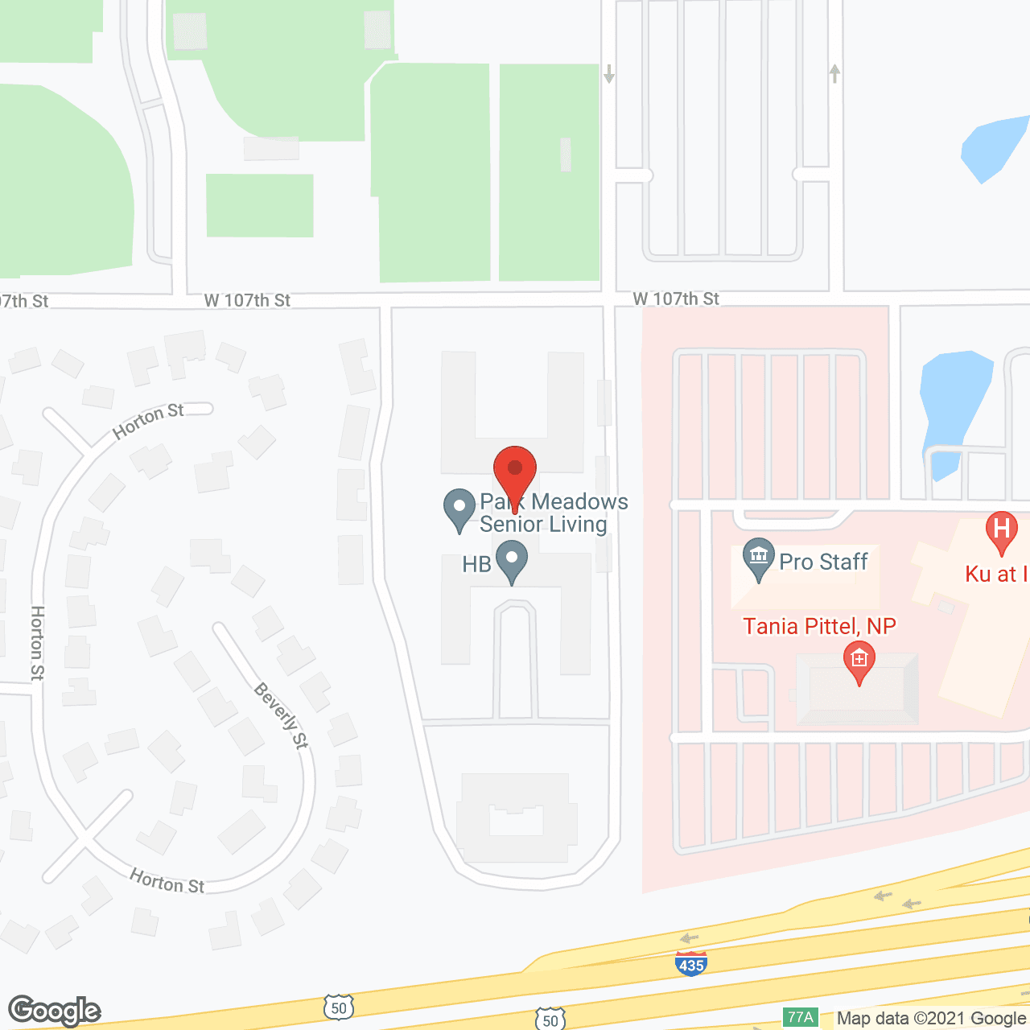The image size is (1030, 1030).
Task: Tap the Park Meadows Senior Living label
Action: pyautogui.click(x=554, y=513)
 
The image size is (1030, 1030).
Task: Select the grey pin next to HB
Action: pyautogui.click(x=512, y=560)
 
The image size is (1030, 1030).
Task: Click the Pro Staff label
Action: pyautogui.click(x=823, y=562)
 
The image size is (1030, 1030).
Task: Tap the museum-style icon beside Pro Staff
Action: pyautogui.click(x=758, y=558)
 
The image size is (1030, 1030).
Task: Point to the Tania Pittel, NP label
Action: pyautogui.click(x=819, y=626)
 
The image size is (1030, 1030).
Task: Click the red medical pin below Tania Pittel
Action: pyautogui.click(x=859, y=661)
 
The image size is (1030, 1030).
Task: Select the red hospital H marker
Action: pyautogui.click(x=1002, y=531)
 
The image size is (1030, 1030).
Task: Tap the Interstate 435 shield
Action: pyautogui.click(x=691, y=963)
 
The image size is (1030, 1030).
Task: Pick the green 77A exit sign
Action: pyautogui.click(x=801, y=1017)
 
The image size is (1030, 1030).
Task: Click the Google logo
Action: pyautogui.click(x=55, y=1011)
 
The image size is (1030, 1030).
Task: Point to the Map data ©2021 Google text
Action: pyautogui.click(x=931, y=1019)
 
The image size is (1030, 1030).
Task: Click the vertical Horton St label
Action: pyautogui.click(x=38, y=643)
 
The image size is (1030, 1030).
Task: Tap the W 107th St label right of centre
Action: pyautogui.click(x=676, y=299)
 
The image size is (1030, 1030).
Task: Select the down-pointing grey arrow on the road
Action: pyautogui.click(x=609, y=74)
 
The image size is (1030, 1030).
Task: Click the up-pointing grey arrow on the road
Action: pyautogui.click(x=835, y=73)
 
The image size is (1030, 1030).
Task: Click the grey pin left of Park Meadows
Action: pyautogui.click(x=459, y=509)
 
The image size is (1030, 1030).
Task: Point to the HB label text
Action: pyautogui.click(x=476, y=564)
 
